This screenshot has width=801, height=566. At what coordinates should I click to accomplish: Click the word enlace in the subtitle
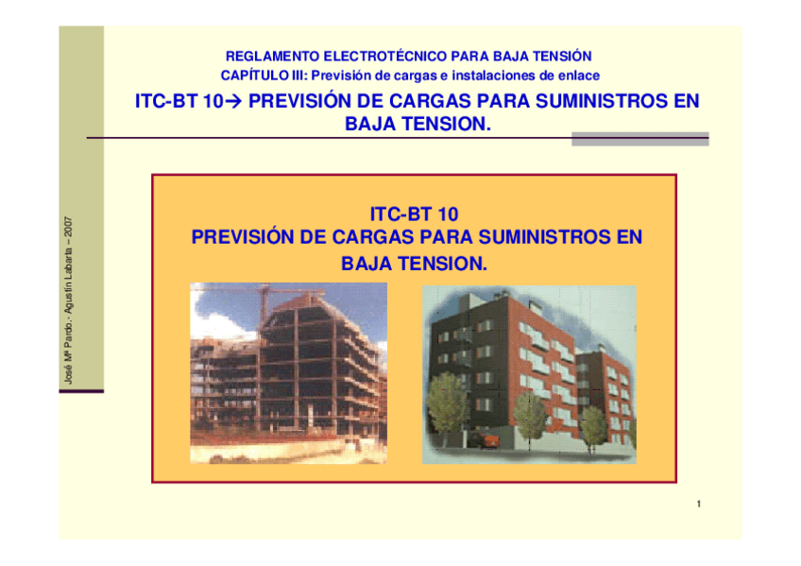(579, 75)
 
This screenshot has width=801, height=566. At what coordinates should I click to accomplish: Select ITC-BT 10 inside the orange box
(415, 215)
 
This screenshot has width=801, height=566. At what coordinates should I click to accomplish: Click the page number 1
(698, 504)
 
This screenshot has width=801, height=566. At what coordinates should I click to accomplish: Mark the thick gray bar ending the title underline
(639, 139)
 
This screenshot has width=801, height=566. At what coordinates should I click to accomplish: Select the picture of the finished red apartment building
(528, 372)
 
